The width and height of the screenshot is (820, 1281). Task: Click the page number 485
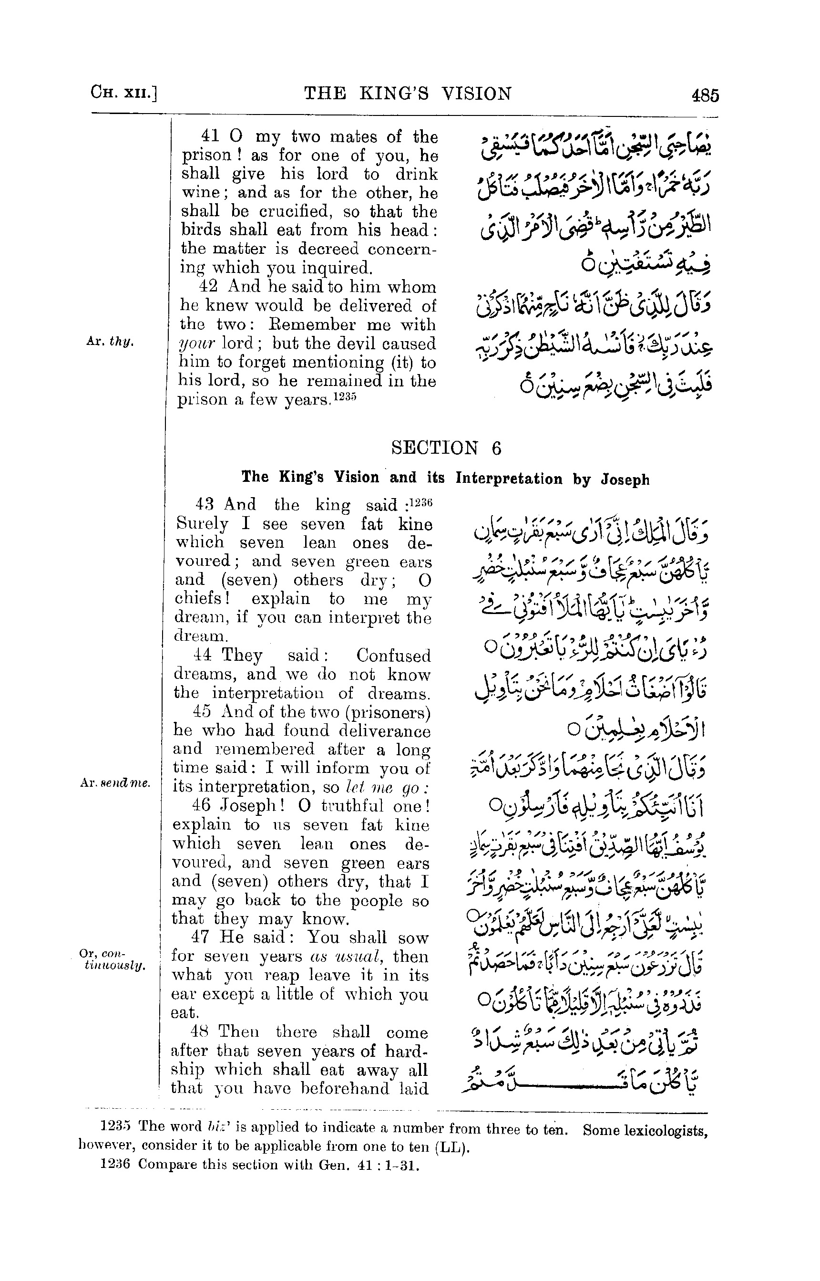click(705, 96)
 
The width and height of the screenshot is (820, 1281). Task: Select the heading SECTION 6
click(446, 448)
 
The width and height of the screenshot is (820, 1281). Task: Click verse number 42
click(208, 287)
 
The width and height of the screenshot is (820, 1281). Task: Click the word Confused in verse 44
click(393, 656)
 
